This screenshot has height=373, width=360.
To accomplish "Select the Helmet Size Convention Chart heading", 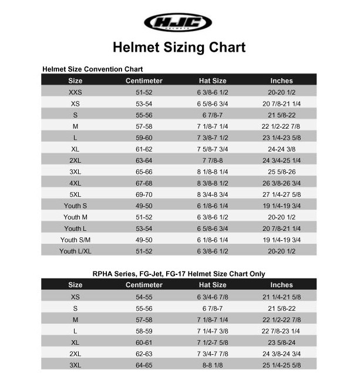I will [93, 69].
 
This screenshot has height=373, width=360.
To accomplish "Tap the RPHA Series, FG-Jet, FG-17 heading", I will [179, 274].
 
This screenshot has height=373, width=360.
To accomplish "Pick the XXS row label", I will [75, 92].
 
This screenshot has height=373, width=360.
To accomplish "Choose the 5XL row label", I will [75, 194].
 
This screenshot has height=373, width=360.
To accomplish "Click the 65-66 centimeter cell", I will [144, 172].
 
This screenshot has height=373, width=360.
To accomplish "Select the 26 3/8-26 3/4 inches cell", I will [281, 183].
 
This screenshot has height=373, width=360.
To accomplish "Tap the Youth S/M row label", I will [75, 240].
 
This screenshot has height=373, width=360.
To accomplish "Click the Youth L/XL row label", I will [75, 251].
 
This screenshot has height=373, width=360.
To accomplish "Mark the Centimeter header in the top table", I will [144, 80].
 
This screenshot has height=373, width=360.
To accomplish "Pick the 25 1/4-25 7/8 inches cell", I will [281, 364].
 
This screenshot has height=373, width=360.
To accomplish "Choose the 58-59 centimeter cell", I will [144, 331].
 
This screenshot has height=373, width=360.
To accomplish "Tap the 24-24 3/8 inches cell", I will [281, 149].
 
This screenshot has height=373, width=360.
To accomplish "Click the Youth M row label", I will [75, 217].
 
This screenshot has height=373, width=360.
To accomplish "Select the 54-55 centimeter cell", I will [144, 297].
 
